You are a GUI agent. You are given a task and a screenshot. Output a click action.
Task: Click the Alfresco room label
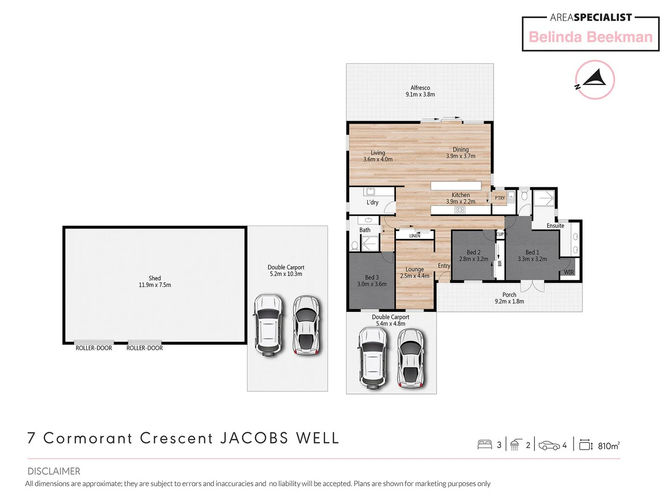click(420, 88)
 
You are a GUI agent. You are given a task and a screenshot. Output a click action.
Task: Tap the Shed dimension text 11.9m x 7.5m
click(155, 285)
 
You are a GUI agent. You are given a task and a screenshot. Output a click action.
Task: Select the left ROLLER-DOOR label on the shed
click(94, 348)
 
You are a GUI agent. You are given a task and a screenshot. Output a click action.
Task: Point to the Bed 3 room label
click(371, 277)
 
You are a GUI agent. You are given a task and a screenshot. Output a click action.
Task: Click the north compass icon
click(595, 80)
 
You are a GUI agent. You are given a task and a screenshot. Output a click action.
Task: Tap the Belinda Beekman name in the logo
click(590, 37)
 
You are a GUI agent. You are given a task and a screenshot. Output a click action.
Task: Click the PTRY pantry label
click(500, 198)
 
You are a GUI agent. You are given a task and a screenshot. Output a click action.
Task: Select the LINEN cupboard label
click(415, 236)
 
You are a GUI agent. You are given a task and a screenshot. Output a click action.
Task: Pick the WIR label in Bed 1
click(569, 272)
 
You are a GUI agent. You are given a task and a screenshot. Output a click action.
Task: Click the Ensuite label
click(555, 226)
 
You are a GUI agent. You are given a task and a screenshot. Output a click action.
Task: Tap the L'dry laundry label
click(372, 203)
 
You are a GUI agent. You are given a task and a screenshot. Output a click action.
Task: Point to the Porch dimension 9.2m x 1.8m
click(509, 301)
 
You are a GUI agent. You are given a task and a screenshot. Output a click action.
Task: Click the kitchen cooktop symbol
click(460, 210)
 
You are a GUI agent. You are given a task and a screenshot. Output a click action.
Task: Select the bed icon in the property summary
click(485, 445)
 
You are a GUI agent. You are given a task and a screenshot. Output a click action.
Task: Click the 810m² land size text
click(608, 446)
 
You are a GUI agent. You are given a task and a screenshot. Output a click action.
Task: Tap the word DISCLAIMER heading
click(54, 471)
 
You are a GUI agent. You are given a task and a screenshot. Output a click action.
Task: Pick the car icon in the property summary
click(549, 446)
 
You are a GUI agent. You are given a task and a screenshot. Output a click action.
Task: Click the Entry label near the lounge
click(444, 266)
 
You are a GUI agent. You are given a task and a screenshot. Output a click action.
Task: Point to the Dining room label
click(460, 150)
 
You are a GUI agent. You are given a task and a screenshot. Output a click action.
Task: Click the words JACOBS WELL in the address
click(279, 438)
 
